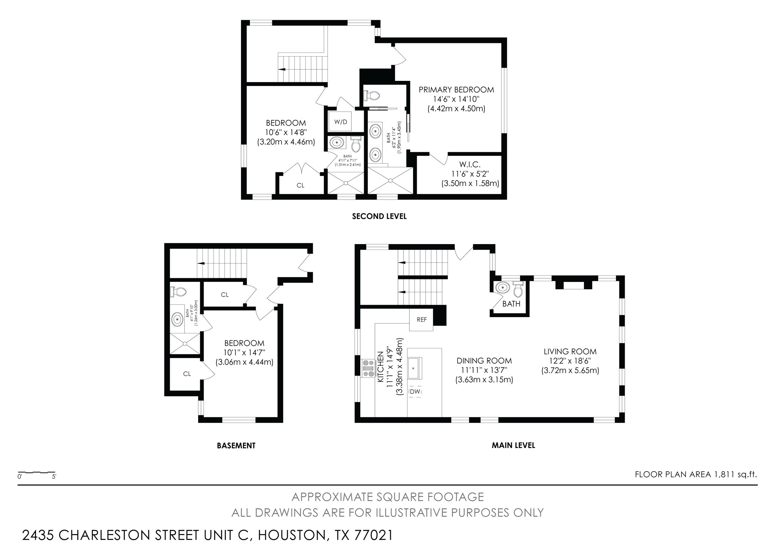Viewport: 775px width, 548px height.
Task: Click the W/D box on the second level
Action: [341, 122]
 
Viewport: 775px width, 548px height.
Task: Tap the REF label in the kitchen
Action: [421, 320]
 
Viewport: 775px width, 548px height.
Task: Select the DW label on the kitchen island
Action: [415, 392]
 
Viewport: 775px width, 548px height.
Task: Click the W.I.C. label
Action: [470, 164]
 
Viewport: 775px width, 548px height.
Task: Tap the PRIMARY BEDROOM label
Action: [456, 90]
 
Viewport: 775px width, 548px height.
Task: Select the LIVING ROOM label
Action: [570, 352]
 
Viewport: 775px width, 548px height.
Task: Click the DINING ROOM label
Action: [484, 361]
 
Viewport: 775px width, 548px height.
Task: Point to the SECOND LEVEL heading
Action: [379, 216]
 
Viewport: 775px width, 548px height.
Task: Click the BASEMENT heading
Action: [236, 446]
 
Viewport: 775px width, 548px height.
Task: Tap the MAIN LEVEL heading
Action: [513, 445]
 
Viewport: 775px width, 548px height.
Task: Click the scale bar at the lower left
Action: [37, 472]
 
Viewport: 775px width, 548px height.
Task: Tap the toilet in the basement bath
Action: [178, 292]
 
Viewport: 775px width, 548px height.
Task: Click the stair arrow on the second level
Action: [282, 69]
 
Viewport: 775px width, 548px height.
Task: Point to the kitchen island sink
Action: [415, 369]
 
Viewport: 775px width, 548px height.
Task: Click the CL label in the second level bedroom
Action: [300, 186]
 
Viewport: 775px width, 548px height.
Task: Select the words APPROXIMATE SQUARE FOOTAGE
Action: [387, 497]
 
